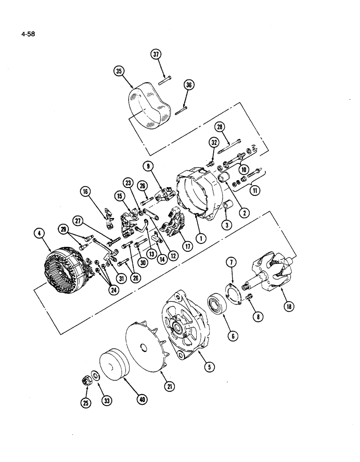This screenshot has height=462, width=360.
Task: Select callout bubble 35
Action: click(120, 71)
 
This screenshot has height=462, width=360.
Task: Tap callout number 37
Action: click(157, 55)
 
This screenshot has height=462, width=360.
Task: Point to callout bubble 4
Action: click(41, 235)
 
